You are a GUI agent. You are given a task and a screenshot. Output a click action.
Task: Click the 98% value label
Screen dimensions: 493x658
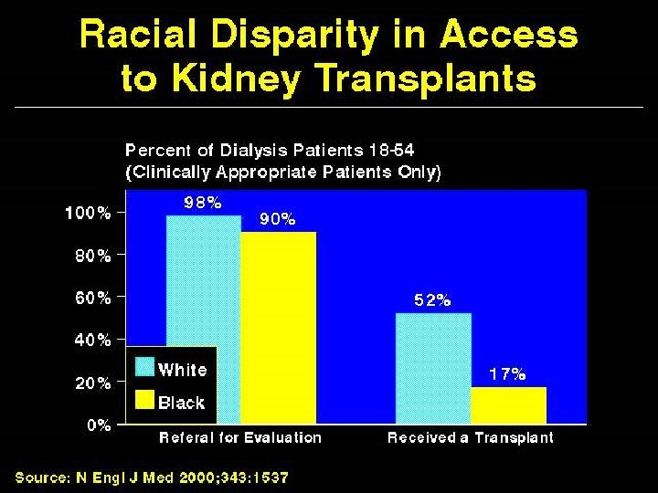[x=202, y=204]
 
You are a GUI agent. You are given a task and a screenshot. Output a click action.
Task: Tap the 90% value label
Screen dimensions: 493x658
[x=277, y=219]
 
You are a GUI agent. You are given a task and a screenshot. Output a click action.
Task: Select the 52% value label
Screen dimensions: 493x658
[x=431, y=299]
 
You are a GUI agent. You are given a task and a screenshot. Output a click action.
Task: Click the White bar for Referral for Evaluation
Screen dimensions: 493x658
[x=203, y=283]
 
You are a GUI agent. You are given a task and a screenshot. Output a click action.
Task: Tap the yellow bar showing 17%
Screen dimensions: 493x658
[x=508, y=405]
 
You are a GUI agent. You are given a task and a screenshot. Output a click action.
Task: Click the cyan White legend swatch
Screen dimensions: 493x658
[x=144, y=368]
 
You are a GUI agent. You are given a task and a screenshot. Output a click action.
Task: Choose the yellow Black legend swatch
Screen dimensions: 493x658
[x=144, y=400]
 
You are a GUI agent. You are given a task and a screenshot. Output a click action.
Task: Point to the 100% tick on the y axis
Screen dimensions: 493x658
[x=88, y=213]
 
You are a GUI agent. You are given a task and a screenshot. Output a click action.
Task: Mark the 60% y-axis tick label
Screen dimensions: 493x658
[x=91, y=297]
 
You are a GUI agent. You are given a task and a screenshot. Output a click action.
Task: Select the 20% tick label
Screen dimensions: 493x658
[x=91, y=383]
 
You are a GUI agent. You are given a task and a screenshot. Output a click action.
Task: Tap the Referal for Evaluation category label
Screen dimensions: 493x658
[x=240, y=437]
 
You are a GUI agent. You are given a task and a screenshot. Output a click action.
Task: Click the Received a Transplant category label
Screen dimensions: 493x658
[x=471, y=437]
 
